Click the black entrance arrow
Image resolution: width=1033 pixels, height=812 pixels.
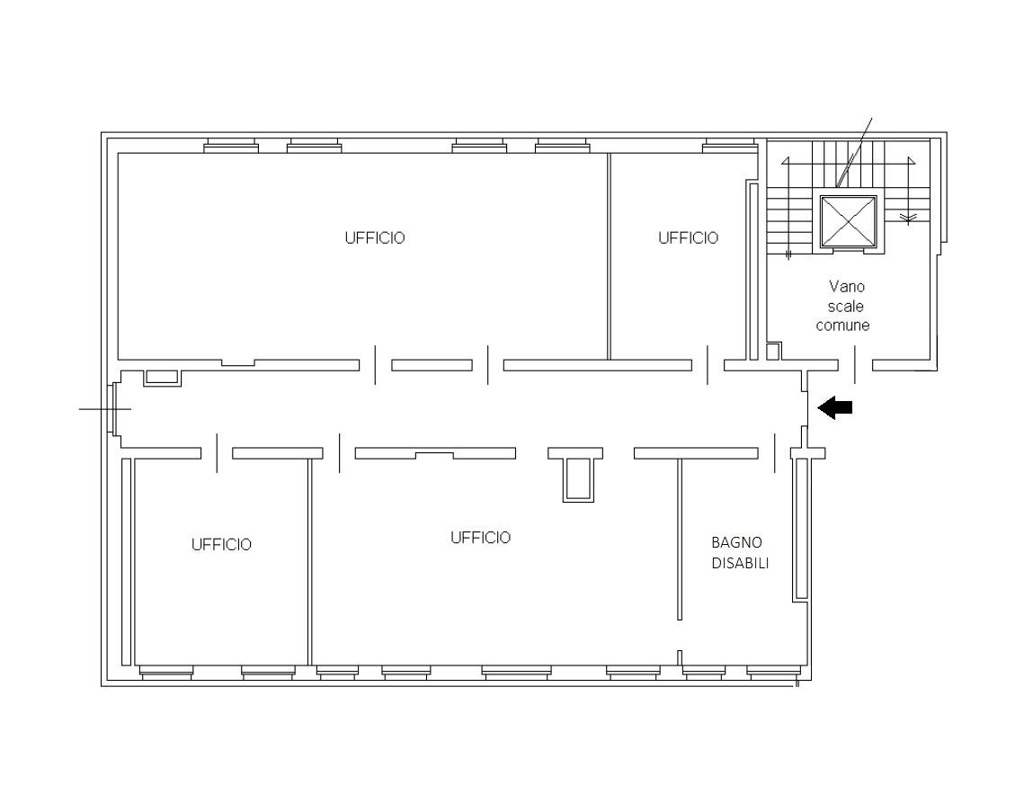pos(835,408)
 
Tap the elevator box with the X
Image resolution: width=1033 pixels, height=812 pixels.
pos(848,221)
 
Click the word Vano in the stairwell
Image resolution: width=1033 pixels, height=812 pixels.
pos(846,287)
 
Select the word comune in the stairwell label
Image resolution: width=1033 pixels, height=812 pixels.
pos(842,326)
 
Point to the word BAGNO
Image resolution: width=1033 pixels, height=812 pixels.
pos(736,542)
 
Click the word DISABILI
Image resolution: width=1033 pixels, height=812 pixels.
pos(740,564)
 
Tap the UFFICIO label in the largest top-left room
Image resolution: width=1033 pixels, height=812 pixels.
pos(374,238)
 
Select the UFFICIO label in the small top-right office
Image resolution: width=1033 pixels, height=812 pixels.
pos(688,238)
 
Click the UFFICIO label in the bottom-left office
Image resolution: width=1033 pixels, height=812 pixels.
pos(221,545)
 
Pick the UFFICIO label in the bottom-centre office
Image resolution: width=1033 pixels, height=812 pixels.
pos(480,538)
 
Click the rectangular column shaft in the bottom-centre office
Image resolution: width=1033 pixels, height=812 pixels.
pos(576,477)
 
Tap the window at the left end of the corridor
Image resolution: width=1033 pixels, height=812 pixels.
pos(112,408)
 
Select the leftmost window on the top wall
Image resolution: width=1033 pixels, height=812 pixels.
pos(230,146)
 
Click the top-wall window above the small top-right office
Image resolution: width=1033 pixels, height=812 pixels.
pos(728,146)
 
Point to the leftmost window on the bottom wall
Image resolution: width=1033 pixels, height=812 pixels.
pos(165,671)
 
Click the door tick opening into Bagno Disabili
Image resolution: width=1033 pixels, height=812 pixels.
pos(775,452)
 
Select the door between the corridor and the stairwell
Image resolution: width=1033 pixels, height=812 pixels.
pos(855,365)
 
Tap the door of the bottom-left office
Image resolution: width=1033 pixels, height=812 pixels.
pos(217,452)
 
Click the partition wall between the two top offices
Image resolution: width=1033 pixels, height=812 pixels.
pos(609,256)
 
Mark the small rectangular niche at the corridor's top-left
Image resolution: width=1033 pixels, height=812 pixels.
pos(162,377)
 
